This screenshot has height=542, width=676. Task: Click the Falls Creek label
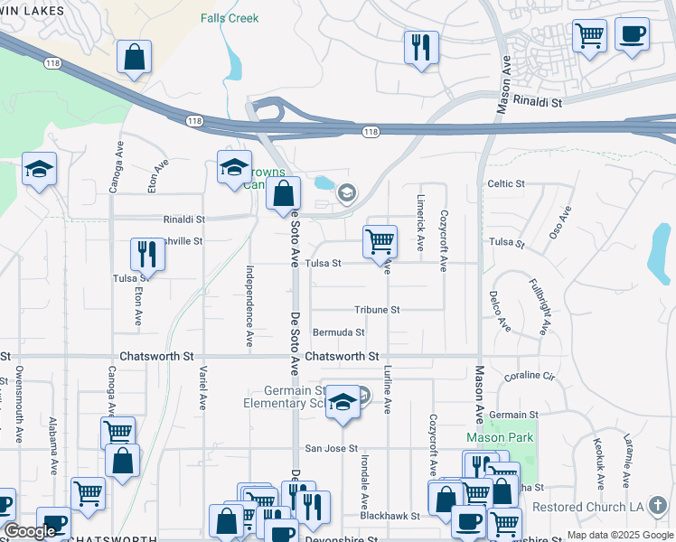click(x=230, y=18)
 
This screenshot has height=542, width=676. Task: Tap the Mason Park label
click(x=500, y=437)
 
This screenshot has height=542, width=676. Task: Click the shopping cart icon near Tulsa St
click(x=380, y=241)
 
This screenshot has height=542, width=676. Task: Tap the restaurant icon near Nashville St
click(x=147, y=254)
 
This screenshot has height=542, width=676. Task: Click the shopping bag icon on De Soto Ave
click(x=284, y=192)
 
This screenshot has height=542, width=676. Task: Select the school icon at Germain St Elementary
click(x=343, y=402)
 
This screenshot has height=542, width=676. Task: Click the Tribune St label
click(x=377, y=310)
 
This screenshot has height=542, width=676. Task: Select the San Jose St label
click(x=332, y=448)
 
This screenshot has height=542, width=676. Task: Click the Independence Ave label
click(x=249, y=305)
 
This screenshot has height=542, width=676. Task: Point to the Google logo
click(x=30, y=531)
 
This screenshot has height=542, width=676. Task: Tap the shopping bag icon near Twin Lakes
click(x=134, y=57)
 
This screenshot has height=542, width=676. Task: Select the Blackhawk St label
click(x=390, y=516)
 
